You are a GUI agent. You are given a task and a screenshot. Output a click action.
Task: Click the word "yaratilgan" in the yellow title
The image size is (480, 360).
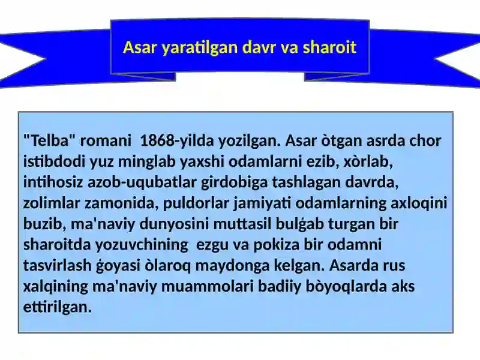199,47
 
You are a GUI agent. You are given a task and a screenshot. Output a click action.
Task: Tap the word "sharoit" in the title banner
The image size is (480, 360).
329,47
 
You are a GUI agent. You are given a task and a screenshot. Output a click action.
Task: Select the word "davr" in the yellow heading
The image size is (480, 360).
259,47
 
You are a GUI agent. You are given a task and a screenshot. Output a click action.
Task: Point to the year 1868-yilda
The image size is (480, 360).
176,141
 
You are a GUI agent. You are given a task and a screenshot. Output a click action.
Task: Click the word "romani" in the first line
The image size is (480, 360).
106,141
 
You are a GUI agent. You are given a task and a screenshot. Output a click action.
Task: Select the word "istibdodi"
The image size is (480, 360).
54,161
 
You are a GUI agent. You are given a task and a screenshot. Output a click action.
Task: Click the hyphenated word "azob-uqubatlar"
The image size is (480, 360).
142,182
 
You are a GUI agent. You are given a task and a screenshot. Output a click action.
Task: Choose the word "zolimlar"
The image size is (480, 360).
52,203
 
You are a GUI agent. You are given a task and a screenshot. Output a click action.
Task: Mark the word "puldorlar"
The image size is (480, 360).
196,203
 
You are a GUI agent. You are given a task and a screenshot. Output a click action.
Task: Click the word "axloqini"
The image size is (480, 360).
419,203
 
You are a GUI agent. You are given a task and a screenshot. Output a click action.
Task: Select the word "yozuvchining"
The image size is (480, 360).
142,245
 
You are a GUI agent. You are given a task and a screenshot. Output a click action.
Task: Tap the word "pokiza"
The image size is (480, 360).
276,245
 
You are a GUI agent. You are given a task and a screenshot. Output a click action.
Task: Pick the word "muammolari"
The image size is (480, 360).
207,286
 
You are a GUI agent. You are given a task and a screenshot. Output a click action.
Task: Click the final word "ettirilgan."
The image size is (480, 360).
58,307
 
